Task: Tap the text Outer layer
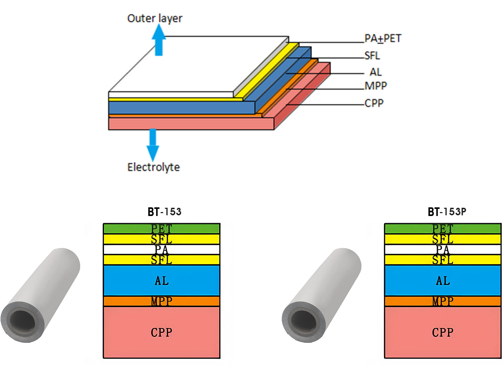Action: (x=155, y=18)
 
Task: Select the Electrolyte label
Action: (x=153, y=167)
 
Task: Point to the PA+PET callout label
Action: (x=383, y=38)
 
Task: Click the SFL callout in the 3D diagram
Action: (x=372, y=56)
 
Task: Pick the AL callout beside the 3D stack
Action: (x=375, y=72)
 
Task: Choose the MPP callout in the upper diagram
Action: (x=376, y=86)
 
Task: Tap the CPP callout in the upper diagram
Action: (x=374, y=103)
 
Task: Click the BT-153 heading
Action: (x=164, y=212)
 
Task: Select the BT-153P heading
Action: (x=447, y=212)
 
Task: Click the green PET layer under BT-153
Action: (x=162, y=229)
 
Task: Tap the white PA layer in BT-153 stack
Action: (x=162, y=249)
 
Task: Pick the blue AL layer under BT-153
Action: (x=162, y=280)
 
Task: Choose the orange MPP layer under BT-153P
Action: (x=443, y=301)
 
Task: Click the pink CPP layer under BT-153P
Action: (x=443, y=332)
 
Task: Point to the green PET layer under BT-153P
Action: (x=443, y=229)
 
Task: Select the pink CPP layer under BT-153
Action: (x=162, y=332)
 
